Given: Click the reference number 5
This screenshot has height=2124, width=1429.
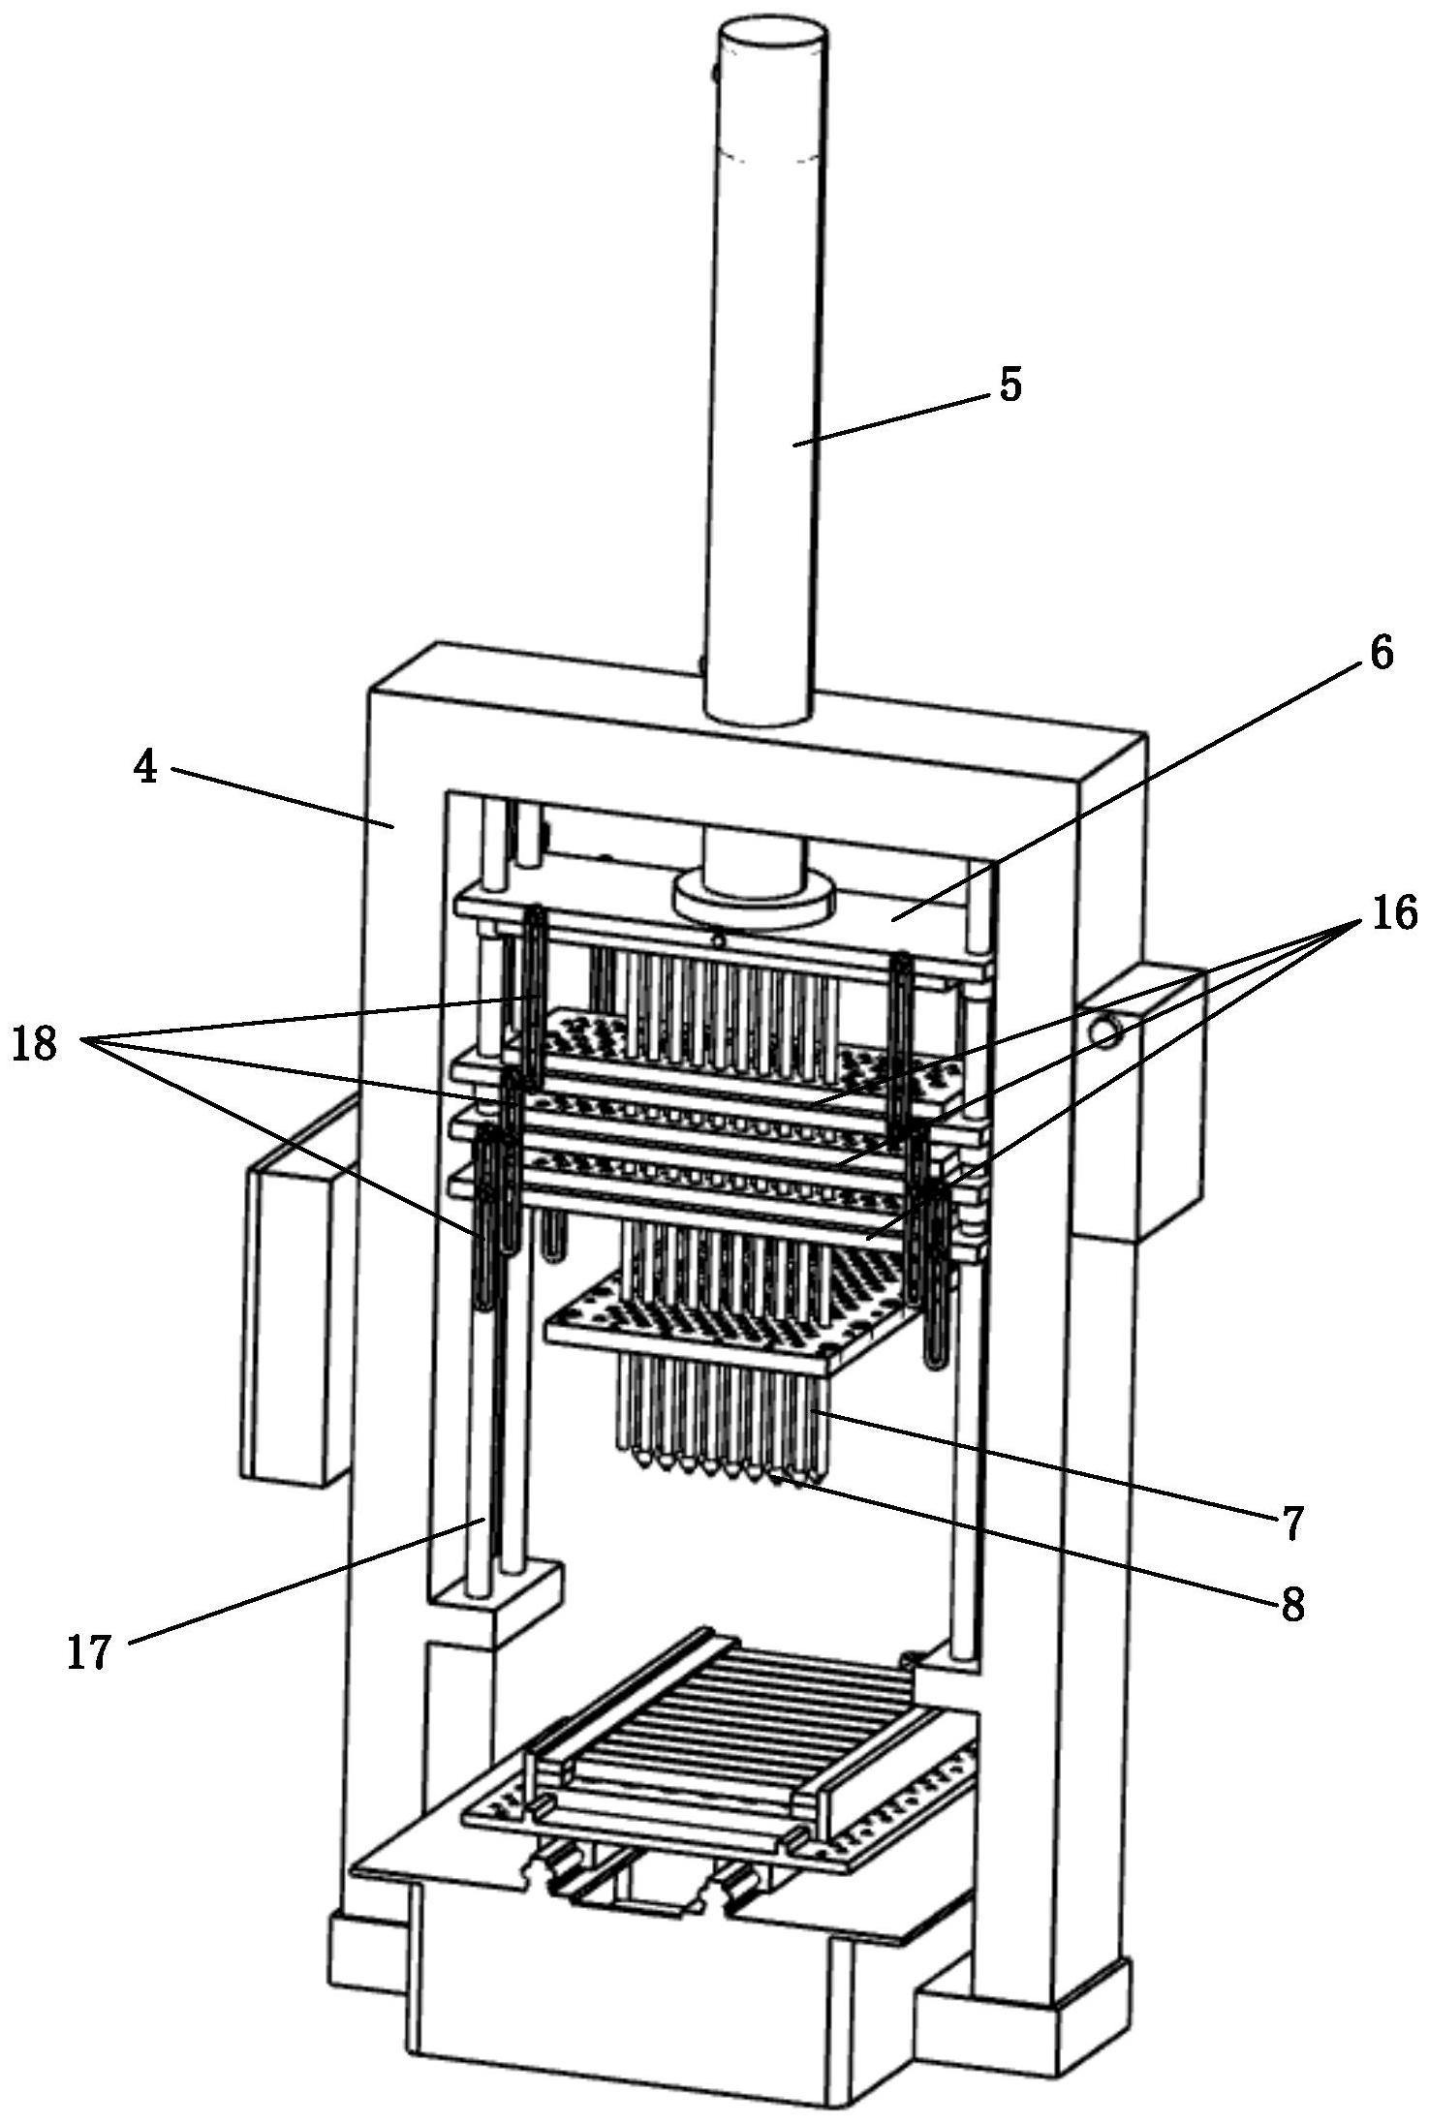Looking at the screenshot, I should point(1010,385).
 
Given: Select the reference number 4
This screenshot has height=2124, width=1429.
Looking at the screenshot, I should point(145,768).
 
